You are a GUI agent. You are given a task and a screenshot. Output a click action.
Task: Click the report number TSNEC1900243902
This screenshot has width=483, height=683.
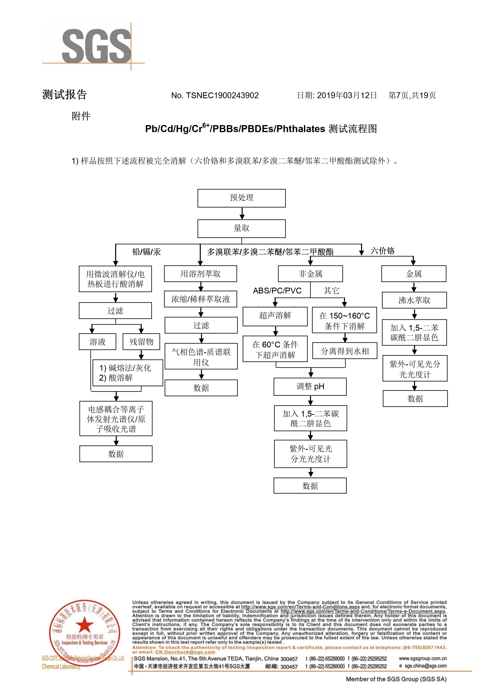pos(222,95)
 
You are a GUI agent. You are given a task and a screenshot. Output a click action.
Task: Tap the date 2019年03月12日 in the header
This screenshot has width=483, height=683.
pos(347,95)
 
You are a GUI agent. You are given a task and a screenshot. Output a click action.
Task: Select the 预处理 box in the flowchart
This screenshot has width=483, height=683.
pos(241,198)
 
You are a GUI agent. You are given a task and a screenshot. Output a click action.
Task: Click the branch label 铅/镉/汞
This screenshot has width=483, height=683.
pos(146,252)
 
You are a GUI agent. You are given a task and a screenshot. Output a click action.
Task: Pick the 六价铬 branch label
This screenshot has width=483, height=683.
pos(383,251)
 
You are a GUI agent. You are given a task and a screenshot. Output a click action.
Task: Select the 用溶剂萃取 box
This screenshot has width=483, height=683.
pos(200,274)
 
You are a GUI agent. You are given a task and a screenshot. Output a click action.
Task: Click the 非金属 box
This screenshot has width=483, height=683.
pos(310,274)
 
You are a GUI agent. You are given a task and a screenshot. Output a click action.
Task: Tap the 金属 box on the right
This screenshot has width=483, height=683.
pos(414,274)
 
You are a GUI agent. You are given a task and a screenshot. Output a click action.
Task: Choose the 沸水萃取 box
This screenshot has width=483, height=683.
pos(414,300)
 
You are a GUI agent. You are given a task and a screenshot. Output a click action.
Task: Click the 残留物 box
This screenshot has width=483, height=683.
pos(141,342)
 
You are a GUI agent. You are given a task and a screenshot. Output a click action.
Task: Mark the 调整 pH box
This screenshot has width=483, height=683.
pos(310,387)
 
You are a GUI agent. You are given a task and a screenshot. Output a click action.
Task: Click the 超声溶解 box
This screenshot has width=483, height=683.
pos(275,315)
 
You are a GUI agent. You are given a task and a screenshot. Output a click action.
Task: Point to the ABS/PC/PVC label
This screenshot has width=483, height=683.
pos(277,291)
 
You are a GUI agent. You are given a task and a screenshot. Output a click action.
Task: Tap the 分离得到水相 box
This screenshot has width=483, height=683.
pos(345,351)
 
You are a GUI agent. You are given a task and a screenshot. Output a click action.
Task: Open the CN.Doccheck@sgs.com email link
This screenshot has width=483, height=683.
pos(185,652)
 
